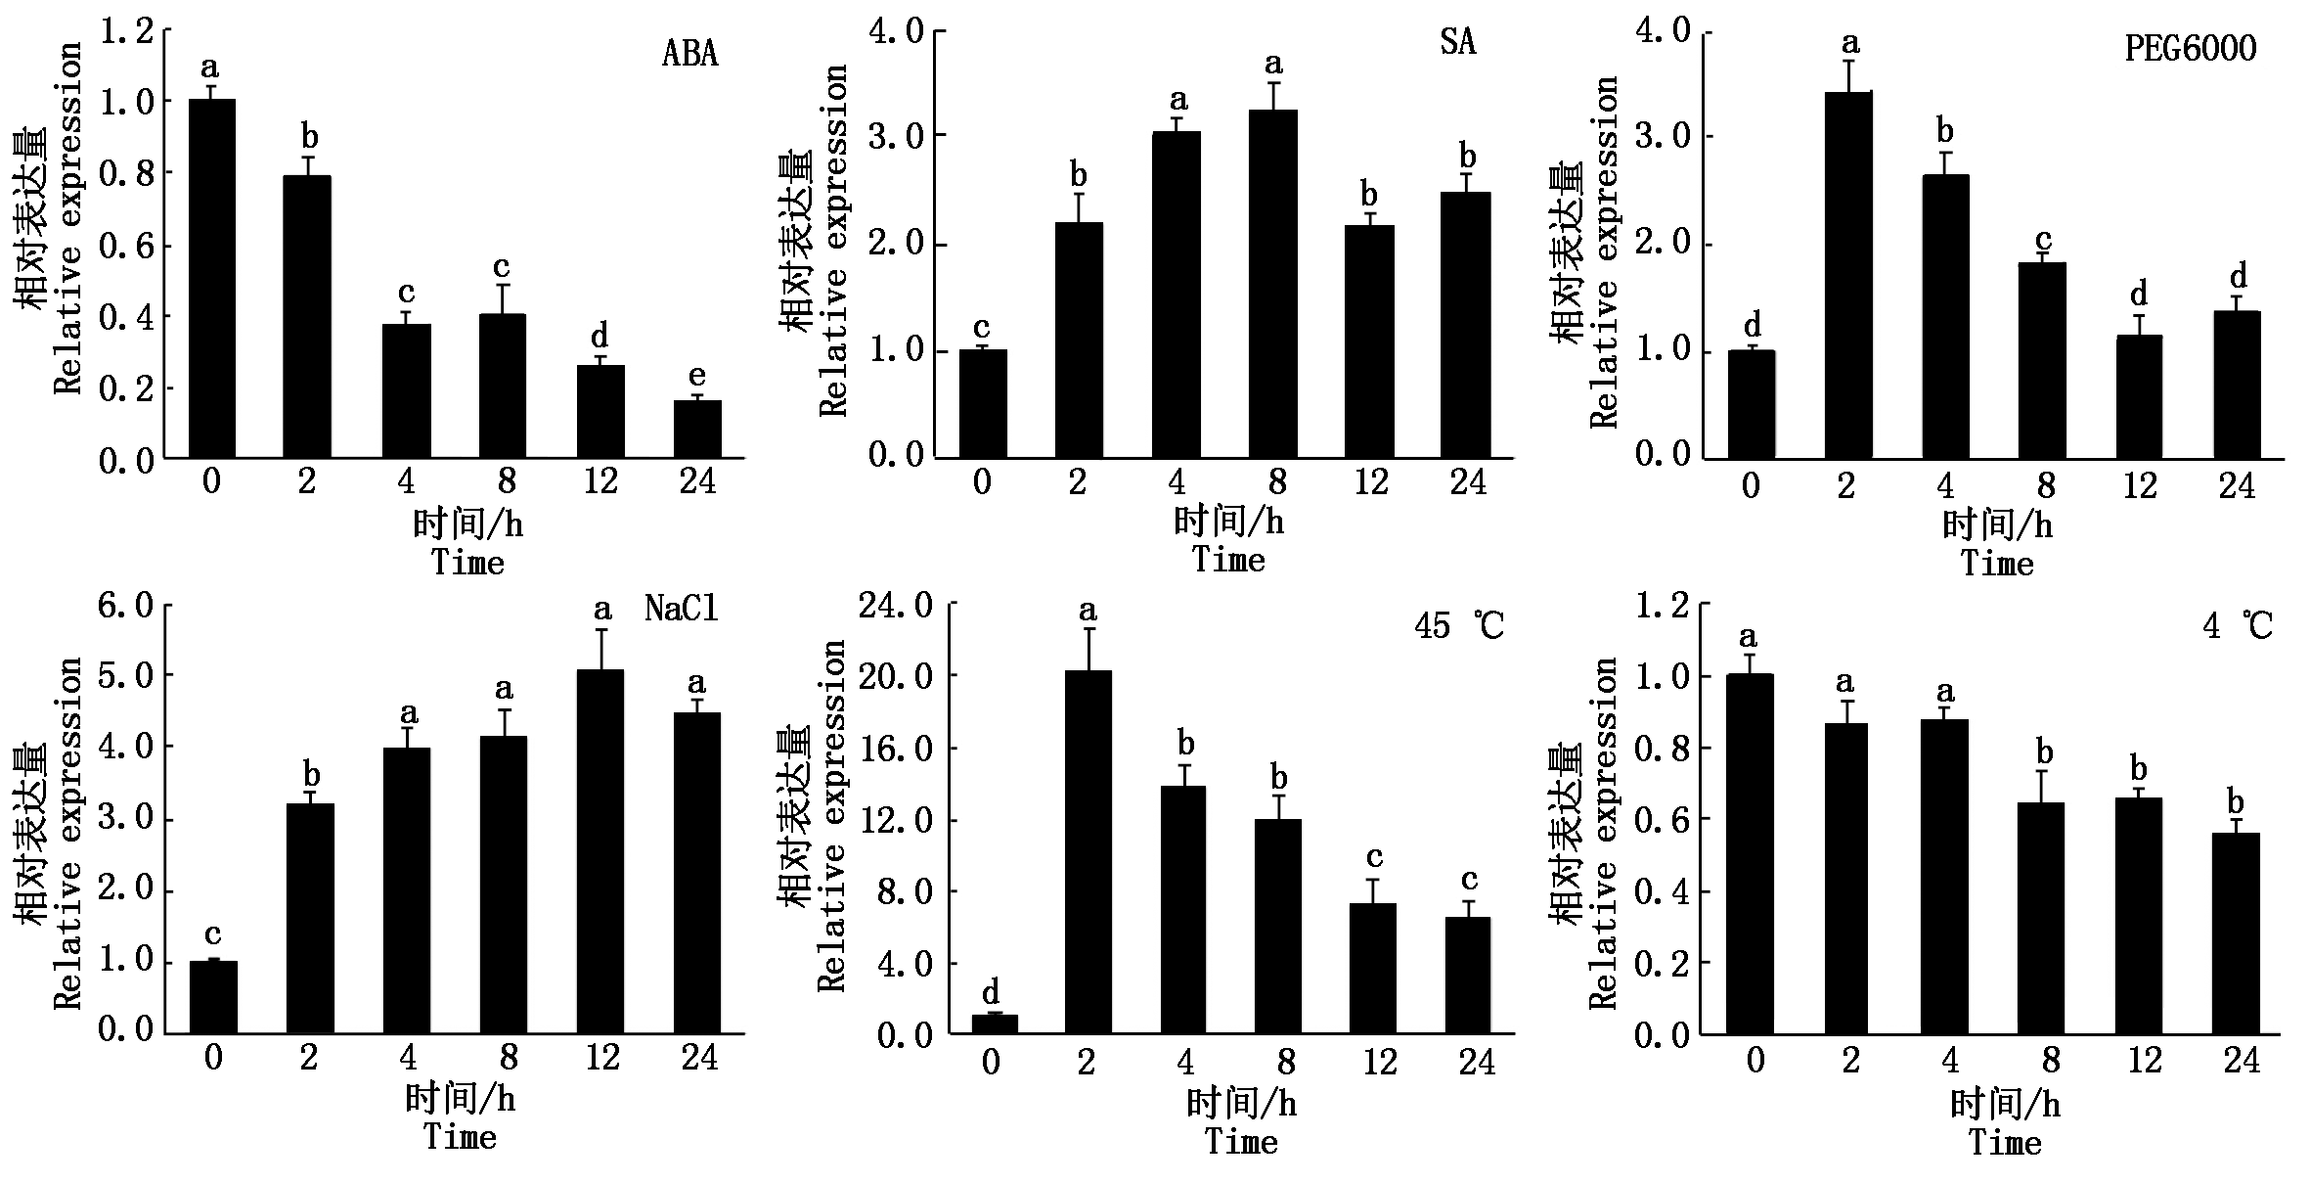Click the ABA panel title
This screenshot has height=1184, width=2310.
690,53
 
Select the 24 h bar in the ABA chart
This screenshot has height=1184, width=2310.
697,429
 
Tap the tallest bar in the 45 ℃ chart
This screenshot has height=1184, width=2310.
1088,851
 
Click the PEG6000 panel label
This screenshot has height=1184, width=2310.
2191,49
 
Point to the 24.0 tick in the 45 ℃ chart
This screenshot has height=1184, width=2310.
894,607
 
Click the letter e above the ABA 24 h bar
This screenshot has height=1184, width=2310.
696,376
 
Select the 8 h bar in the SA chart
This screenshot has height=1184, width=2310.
1273,284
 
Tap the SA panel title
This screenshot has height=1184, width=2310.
1457,43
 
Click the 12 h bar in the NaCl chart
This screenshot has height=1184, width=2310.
600,851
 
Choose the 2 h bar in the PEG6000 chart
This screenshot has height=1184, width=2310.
1847,275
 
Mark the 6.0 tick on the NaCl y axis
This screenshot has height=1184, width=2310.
127,607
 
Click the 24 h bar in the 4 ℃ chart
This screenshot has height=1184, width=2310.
2236,934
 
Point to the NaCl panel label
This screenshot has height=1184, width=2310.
682,609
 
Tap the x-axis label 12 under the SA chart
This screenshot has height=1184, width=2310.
1371,482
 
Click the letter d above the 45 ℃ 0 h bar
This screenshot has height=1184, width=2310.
991,991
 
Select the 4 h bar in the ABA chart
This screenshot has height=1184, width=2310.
406,390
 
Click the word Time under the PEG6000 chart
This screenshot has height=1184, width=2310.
1997,565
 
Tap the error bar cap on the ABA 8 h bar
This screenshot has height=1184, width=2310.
502,285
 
